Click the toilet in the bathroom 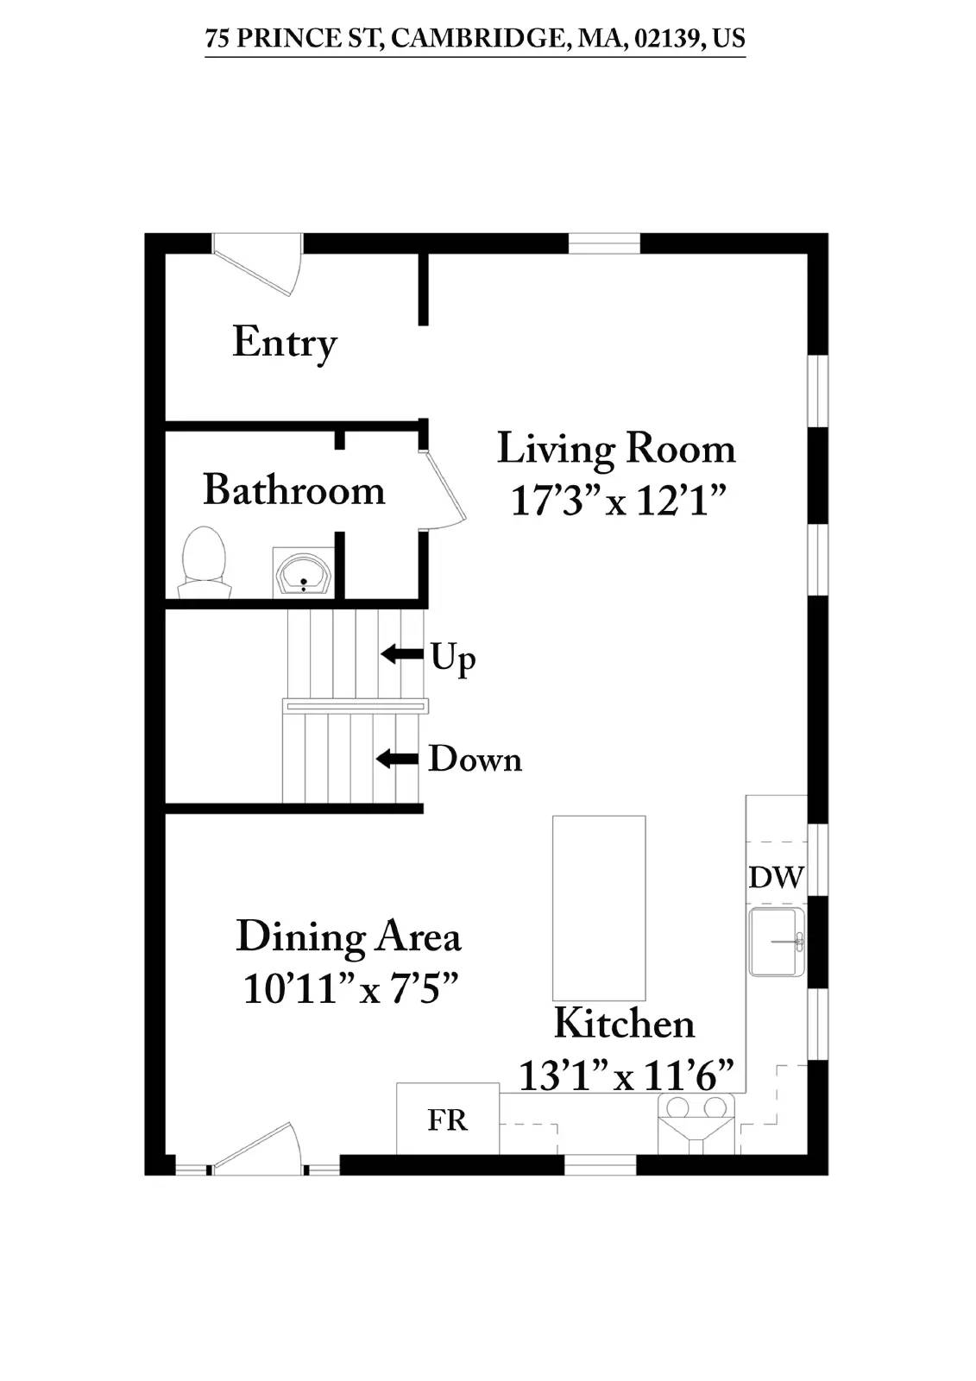tap(205, 562)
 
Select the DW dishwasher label tap(776, 877)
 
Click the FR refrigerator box tap(447, 1119)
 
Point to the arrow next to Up tap(402, 653)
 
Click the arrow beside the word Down tap(397, 759)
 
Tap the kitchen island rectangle tap(599, 908)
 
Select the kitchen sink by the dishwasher tap(776, 941)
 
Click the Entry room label tap(284, 343)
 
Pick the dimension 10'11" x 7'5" tap(349, 987)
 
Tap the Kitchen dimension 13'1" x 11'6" tap(626, 1075)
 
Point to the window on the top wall tap(604, 243)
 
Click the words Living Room tap(616, 449)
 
